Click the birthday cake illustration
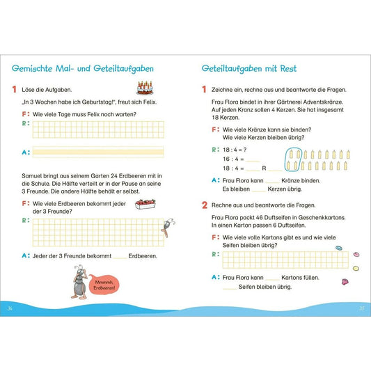(x=145, y=88)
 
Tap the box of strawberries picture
(x=145, y=204)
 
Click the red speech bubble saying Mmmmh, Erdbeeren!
(x=104, y=285)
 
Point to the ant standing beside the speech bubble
(x=80, y=282)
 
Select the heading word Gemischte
(x=32, y=69)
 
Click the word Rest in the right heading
(x=288, y=69)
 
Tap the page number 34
(x=10, y=308)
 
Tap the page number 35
(x=361, y=308)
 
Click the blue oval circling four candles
(x=294, y=159)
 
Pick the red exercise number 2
(x=205, y=205)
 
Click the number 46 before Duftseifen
(x=259, y=217)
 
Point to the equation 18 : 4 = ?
(x=235, y=150)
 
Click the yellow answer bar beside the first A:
(x=98, y=152)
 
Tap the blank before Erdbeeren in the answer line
(x=120, y=258)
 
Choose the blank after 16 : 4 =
(x=253, y=161)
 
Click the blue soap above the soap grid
(x=339, y=248)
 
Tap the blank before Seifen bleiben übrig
(x=230, y=289)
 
